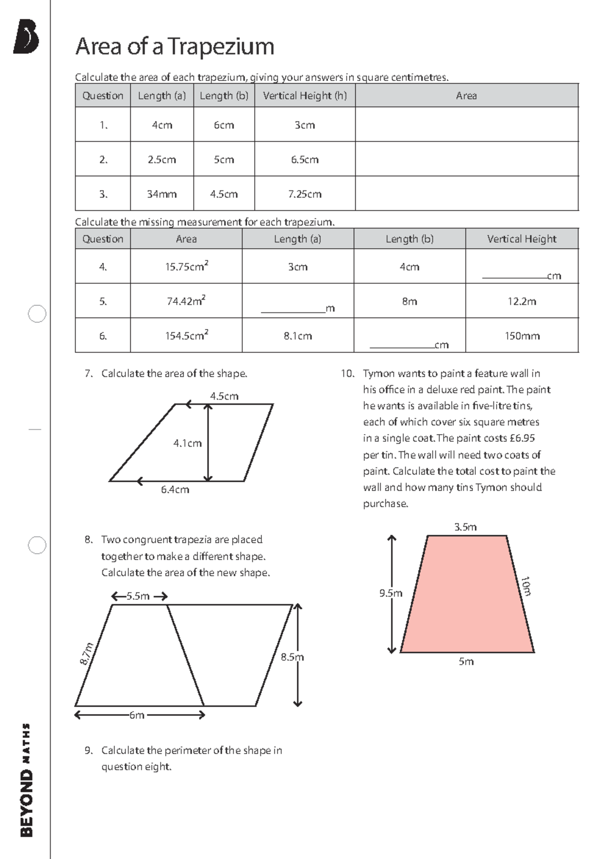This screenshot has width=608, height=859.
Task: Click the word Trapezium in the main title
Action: [221, 47]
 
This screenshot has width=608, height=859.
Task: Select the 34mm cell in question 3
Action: [162, 194]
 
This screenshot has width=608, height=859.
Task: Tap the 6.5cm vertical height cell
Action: [305, 160]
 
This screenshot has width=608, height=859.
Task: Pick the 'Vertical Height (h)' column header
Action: [305, 96]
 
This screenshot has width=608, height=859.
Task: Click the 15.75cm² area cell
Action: [186, 266]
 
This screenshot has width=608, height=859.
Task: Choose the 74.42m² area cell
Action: [186, 301]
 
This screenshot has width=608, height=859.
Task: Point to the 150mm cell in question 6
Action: [522, 336]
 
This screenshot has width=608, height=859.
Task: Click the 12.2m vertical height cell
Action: [522, 301]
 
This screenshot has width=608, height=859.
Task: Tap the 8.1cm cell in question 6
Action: [297, 336]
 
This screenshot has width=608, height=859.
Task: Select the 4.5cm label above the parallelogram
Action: [224, 396]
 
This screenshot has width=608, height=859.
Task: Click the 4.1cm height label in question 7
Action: [187, 443]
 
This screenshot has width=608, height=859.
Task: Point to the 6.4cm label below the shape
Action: [175, 490]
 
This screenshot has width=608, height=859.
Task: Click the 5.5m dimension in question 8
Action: [138, 596]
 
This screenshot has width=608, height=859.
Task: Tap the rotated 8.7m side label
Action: [87, 653]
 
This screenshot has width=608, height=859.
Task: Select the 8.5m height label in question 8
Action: [292, 657]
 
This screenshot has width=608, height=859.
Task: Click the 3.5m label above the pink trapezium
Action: [465, 527]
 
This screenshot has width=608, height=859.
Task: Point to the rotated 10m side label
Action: [526, 586]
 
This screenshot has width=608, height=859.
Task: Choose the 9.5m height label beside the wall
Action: [391, 593]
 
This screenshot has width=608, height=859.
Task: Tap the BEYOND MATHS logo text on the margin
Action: [26, 780]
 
